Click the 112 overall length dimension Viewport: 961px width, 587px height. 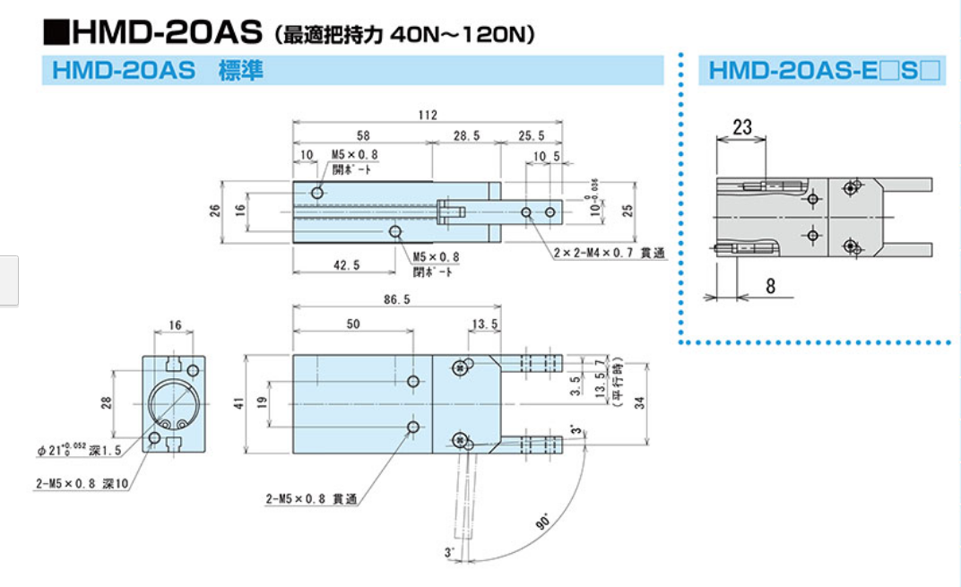pyautogui.click(x=428, y=115)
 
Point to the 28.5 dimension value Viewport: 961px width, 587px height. pyautogui.click(x=465, y=135)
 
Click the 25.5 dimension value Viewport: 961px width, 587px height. pyautogui.click(x=531, y=135)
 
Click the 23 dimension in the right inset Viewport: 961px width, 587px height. pyautogui.click(x=741, y=127)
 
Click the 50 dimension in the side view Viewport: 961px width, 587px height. pyautogui.click(x=352, y=324)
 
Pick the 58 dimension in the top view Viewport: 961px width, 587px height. pyautogui.click(x=363, y=135)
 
